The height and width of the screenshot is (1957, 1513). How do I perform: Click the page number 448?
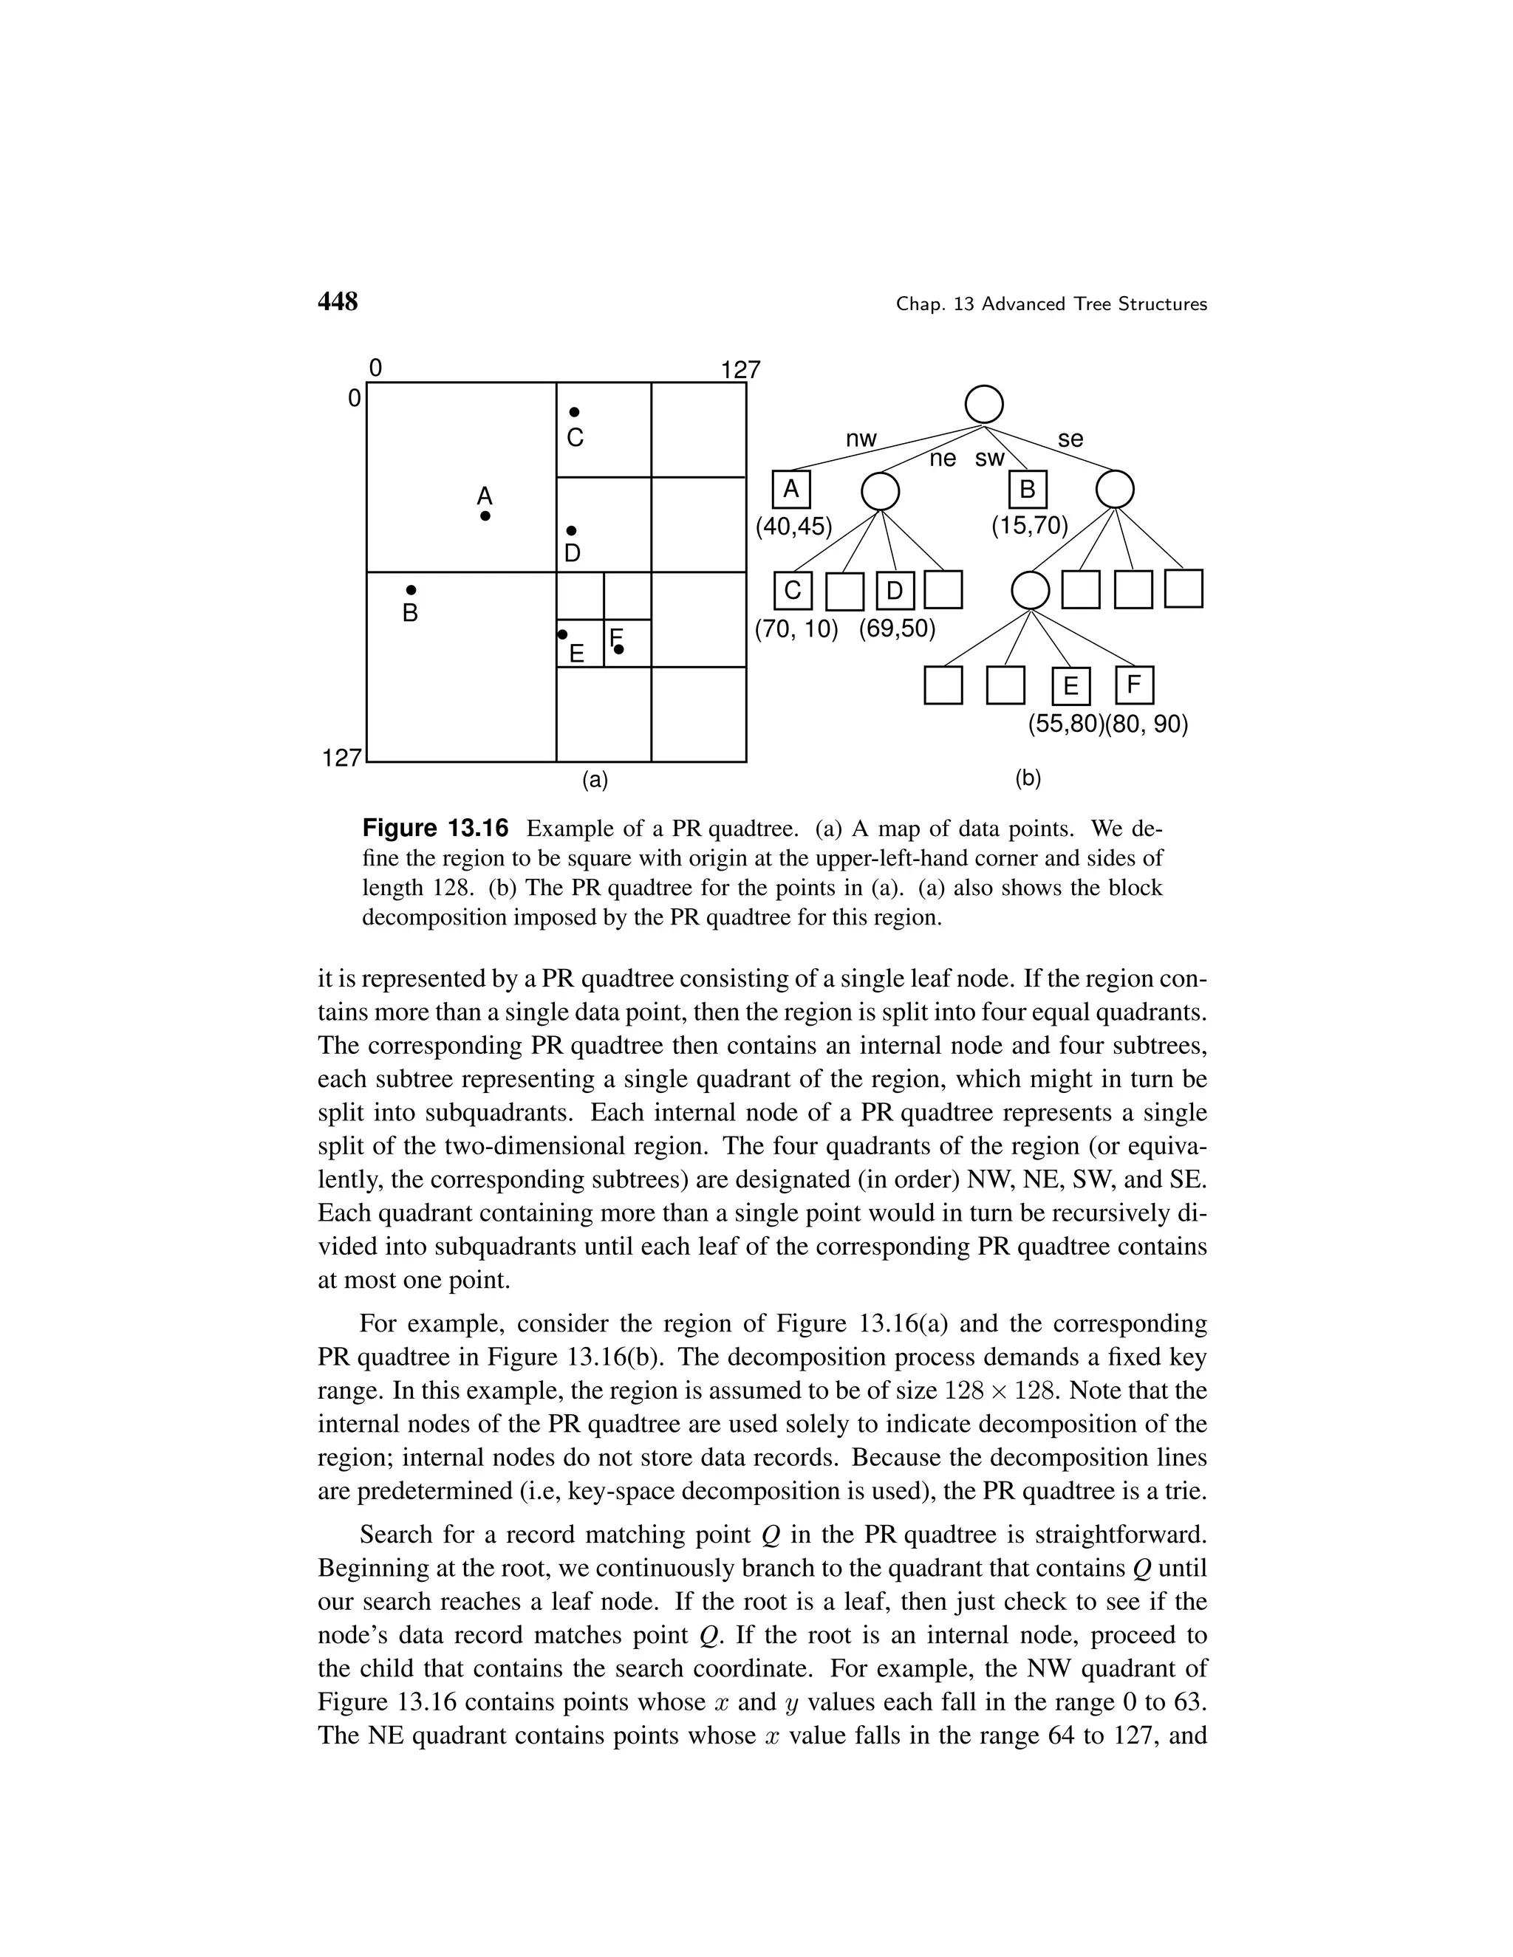(x=338, y=302)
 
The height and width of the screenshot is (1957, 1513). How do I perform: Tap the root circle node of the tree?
(x=983, y=404)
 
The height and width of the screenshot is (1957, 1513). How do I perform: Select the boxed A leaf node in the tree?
(x=790, y=489)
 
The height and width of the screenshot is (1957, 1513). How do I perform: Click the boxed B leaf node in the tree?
(x=1027, y=489)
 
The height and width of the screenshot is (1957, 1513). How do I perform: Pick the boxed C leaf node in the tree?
(x=793, y=591)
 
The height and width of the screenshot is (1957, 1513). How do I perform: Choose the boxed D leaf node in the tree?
(x=895, y=591)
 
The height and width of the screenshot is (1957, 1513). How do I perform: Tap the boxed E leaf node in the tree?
(x=1071, y=686)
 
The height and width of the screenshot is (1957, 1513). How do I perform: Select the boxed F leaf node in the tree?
(x=1134, y=685)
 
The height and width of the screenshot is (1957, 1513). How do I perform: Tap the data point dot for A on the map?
(x=485, y=516)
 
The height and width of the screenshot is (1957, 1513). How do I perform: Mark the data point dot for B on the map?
(x=411, y=589)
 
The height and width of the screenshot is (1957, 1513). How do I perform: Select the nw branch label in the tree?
(x=861, y=439)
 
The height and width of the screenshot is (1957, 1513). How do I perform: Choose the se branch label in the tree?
(x=1070, y=439)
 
